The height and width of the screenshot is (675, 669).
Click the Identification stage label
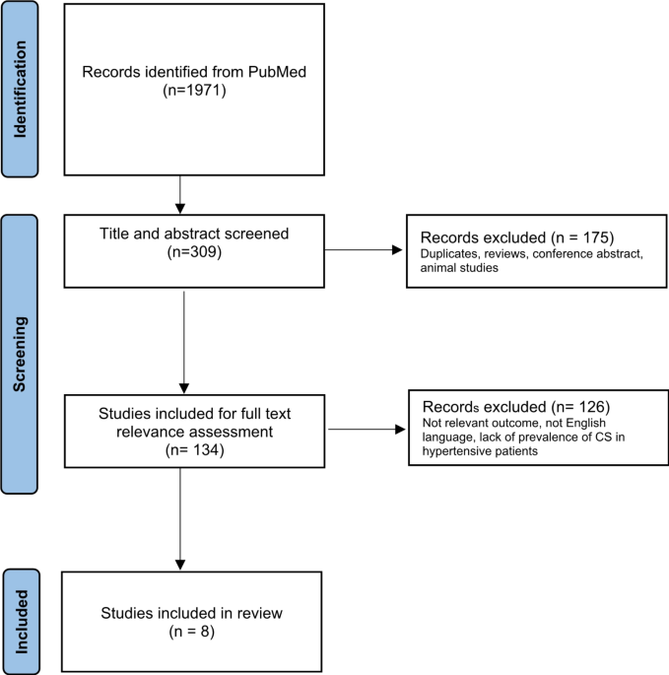(20, 89)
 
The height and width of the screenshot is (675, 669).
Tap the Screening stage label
(20, 354)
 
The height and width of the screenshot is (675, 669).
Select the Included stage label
(22, 622)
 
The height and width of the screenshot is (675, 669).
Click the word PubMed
(277, 72)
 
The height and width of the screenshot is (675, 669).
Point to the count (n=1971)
(194, 91)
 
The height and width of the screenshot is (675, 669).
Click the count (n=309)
(194, 252)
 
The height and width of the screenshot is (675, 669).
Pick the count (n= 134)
(194, 450)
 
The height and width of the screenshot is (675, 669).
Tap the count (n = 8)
(191, 632)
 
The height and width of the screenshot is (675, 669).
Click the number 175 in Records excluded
(596, 237)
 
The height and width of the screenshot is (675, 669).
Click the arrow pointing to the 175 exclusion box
(364, 249)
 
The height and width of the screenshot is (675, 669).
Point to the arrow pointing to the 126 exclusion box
(367, 430)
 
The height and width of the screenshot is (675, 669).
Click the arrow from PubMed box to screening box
(180, 194)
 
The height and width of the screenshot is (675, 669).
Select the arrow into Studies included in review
(180, 518)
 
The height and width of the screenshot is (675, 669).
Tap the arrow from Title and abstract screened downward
(184, 342)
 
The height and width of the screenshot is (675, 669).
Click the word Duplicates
(449, 254)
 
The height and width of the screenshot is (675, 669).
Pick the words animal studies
(459, 268)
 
